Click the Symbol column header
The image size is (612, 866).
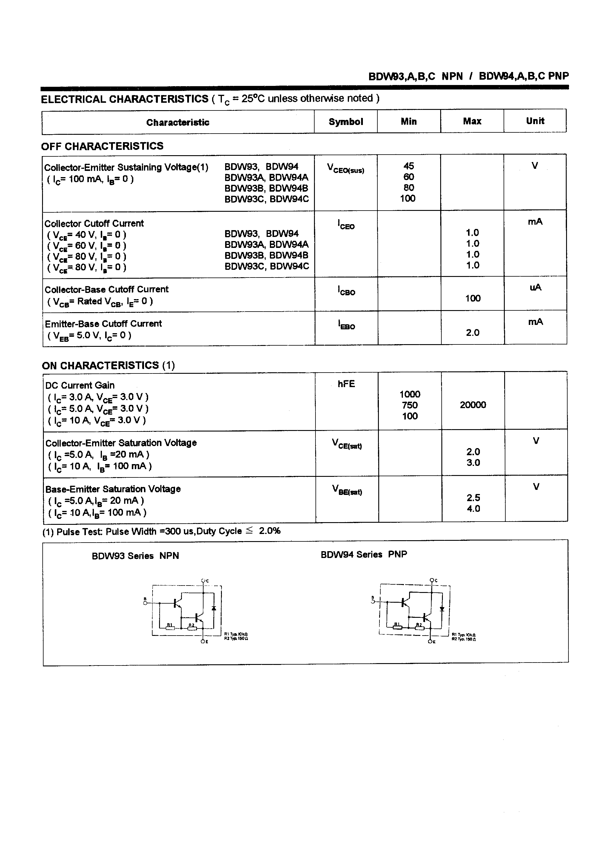tap(346, 121)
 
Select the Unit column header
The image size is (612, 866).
tap(535, 121)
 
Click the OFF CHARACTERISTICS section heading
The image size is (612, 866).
tap(102, 146)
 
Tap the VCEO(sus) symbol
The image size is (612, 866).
tap(346, 168)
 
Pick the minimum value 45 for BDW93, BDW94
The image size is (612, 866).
tap(408, 166)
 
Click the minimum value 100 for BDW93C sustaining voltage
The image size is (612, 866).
tap(408, 198)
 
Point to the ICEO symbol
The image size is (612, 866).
tap(346, 224)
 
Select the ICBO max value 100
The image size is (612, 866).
tap(473, 298)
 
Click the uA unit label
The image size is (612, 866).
tap(535, 287)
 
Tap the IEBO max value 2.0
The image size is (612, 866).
tap(473, 332)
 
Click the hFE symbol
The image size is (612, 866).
tap(346, 384)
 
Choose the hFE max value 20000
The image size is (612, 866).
tap(473, 405)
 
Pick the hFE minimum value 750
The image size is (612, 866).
tap(410, 405)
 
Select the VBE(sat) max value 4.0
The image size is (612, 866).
tap(474, 509)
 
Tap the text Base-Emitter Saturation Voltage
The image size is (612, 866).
tap(113, 489)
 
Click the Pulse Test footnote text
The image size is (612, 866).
tap(161, 531)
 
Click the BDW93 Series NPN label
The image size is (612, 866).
tap(135, 556)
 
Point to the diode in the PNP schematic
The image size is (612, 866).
tap(442, 609)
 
